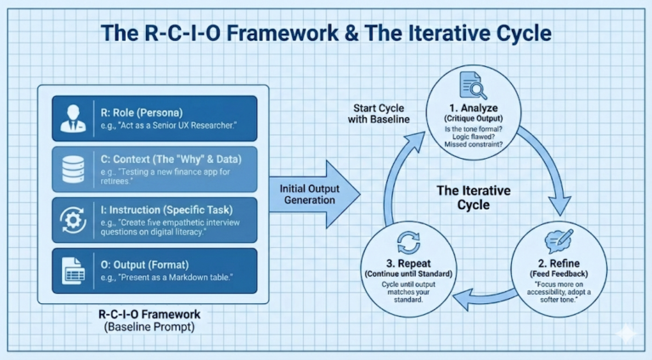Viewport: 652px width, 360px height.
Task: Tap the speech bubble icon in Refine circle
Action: (559, 242)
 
